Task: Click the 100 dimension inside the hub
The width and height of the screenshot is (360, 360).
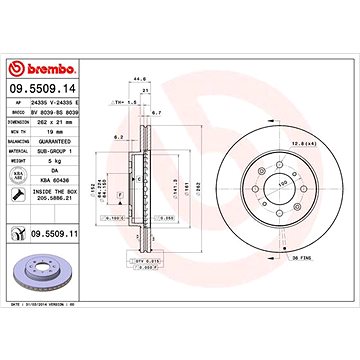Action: tap(268, 186)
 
